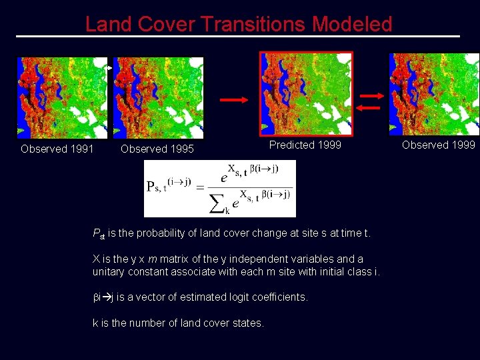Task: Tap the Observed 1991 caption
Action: [57, 149]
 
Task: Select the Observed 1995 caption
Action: [157, 149]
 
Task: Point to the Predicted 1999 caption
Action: [305, 145]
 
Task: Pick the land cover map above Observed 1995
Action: [158, 97]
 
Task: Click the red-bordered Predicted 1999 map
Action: [306, 93]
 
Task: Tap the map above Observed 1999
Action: [434, 93]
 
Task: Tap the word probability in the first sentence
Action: [155, 233]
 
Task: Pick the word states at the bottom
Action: [250, 323]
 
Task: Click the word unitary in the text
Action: [110, 271]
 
